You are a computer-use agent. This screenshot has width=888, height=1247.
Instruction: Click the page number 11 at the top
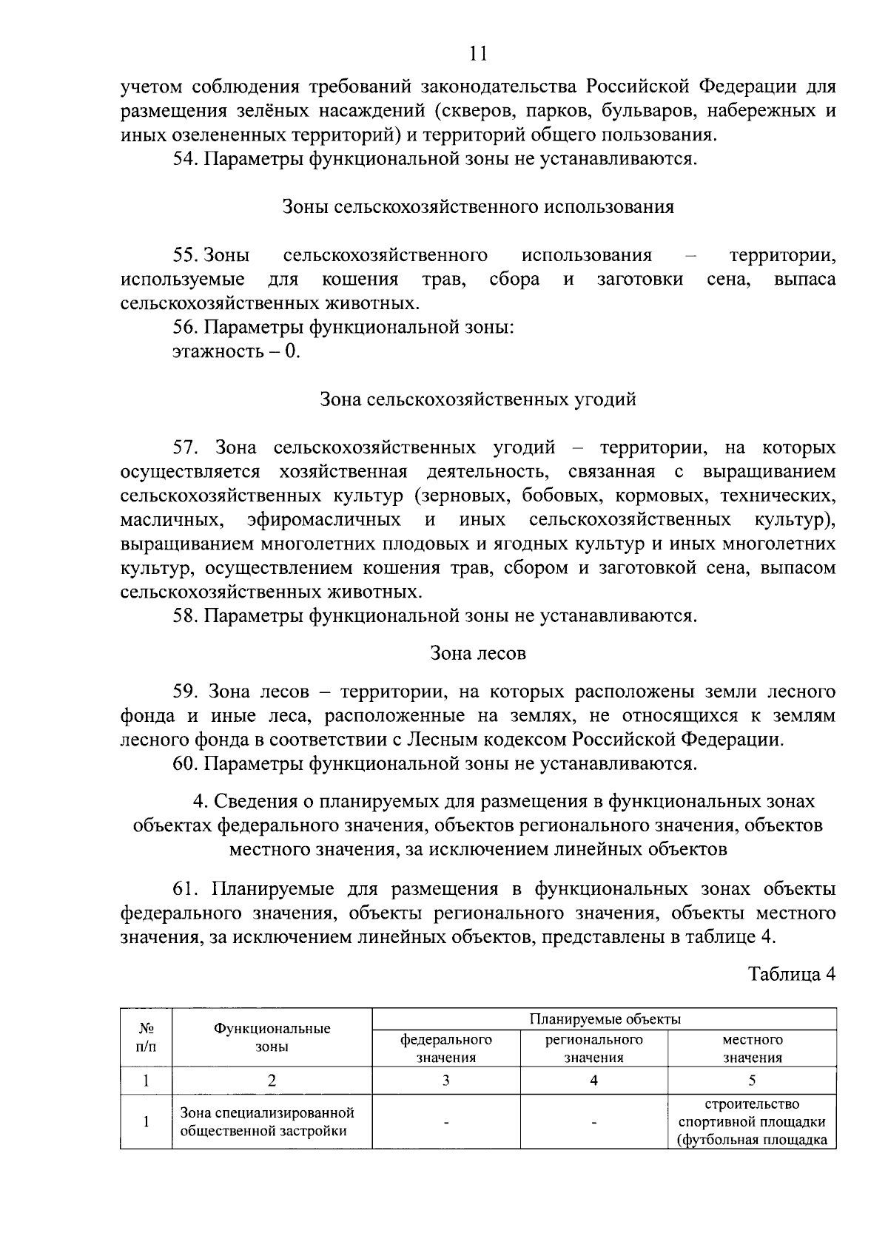[x=478, y=53]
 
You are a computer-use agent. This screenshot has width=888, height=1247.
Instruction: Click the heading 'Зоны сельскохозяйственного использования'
[x=478, y=207]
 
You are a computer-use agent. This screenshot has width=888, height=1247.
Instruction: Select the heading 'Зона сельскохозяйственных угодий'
[x=478, y=400]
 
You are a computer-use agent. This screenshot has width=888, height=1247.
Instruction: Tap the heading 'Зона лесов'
[x=478, y=653]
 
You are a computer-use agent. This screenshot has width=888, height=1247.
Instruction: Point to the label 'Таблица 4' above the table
[x=792, y=973]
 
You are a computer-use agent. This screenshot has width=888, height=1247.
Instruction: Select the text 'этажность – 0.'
[x=236, y=351]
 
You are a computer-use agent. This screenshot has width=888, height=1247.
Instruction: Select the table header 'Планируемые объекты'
[x=605, y=1019]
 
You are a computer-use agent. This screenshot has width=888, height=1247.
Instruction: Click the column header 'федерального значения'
[x=445, y=1048]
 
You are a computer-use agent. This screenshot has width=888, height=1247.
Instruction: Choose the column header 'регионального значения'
[x=593, y=1048]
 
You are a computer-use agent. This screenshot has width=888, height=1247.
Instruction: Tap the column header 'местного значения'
[x=752, y=1048]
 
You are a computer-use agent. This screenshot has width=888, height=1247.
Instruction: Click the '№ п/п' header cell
[x=147, y=1038]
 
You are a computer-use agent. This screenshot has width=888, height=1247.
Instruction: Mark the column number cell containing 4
[x=593, y=1080]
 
